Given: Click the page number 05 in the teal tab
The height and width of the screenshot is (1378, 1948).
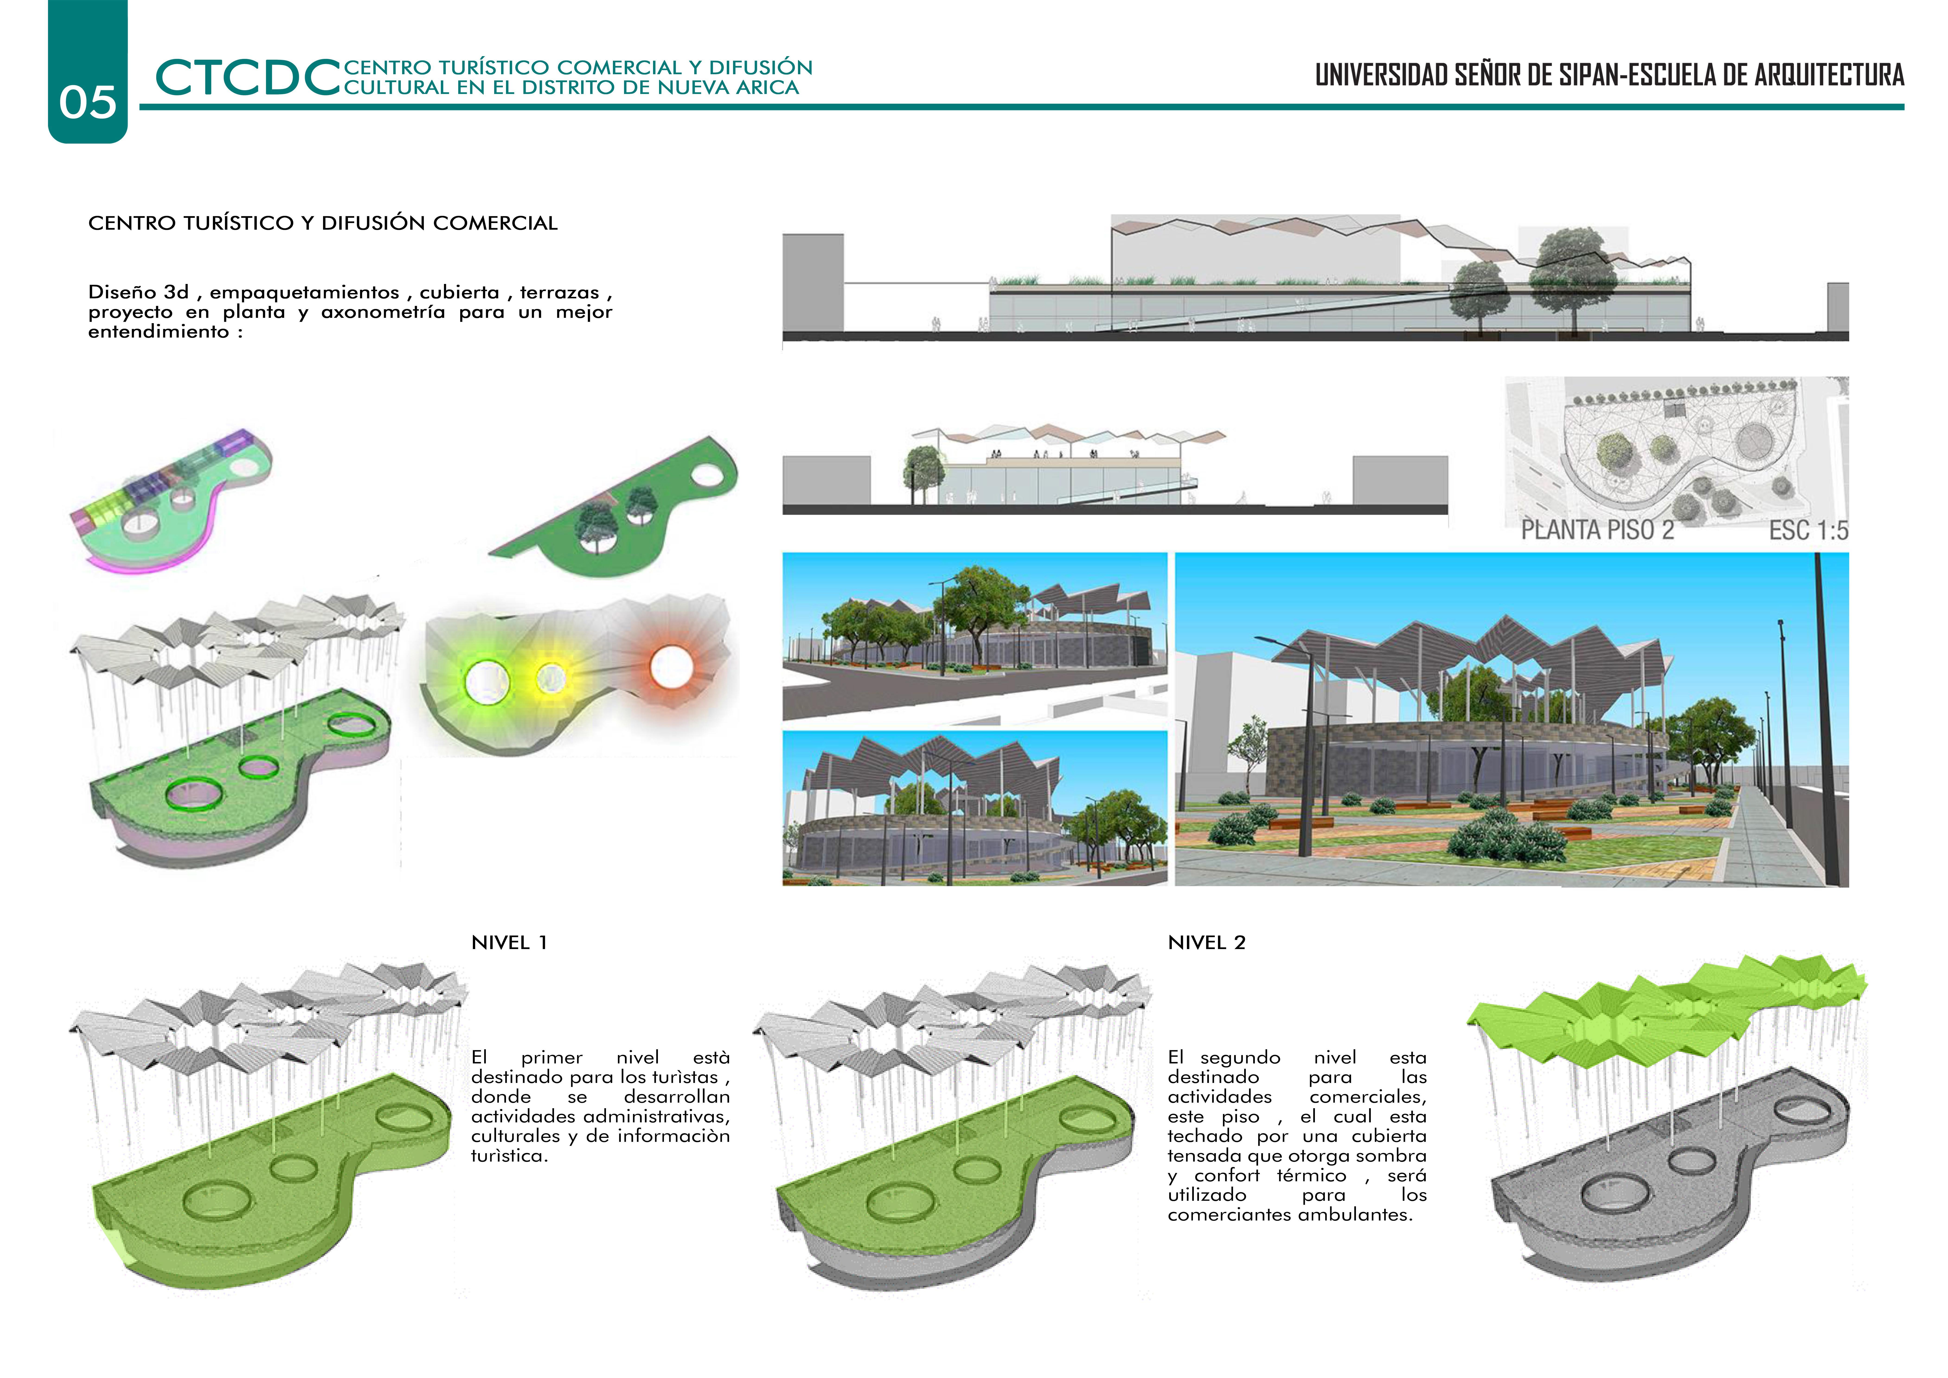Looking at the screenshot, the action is (87, 103).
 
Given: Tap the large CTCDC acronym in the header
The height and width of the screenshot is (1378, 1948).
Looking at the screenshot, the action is (248, 78).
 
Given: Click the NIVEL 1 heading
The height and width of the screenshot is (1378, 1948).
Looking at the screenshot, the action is (509, 943).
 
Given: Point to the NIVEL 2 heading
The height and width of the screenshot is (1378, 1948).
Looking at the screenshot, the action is (1206, 943).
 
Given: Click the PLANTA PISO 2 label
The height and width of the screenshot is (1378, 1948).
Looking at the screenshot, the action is (1597, 530).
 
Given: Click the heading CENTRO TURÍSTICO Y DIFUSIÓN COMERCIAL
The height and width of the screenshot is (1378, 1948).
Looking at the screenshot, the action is (322, 223).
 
